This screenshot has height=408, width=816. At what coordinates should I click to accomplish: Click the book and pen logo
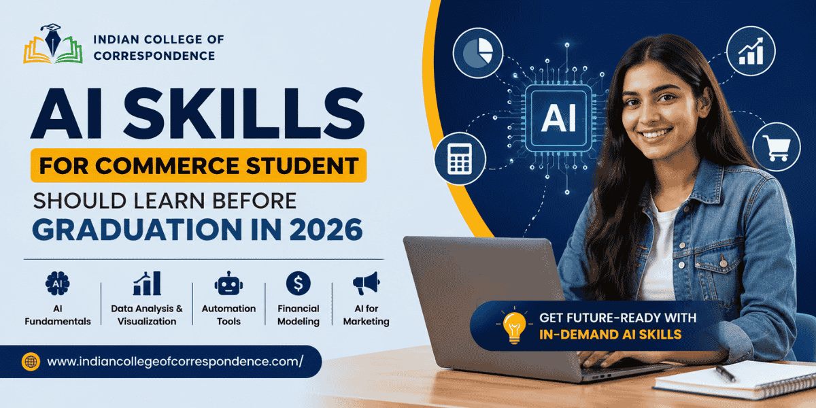(53, 44)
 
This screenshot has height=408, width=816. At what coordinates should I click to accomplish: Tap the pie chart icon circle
(478, 53)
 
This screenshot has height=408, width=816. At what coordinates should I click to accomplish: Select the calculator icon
(460, 159)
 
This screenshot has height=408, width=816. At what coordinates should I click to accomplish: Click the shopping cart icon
(777, 147)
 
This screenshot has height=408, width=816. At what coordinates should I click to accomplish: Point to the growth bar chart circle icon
(751, 51)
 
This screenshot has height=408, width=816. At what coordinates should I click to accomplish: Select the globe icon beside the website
(31, 362)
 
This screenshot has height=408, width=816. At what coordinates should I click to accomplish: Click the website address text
(175, 362)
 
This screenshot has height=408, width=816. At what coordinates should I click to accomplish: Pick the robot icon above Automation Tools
(228, 283)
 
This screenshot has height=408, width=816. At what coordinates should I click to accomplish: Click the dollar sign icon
(299, 283)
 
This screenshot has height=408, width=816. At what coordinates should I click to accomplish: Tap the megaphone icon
(366, 283)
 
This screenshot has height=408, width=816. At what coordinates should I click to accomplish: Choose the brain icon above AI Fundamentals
(58, 284)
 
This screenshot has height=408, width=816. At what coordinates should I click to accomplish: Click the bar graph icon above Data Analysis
(147, 283)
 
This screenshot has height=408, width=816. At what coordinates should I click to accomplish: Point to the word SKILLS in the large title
(244, 114)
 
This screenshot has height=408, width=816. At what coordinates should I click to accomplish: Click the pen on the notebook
(725, 374)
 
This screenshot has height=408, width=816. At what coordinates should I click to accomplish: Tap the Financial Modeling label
(299, 315)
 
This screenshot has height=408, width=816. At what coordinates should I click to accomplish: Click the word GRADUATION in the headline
(137, 230)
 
